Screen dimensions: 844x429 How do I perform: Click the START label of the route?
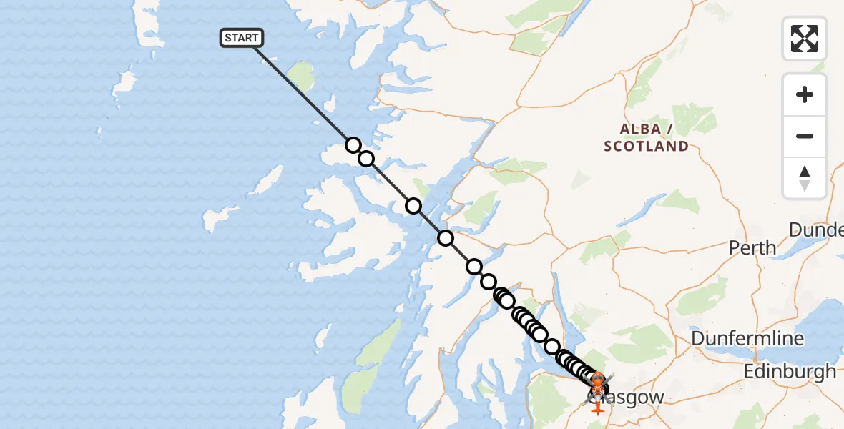tap(242, 38)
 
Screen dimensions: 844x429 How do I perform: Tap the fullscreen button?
tap(805, 39)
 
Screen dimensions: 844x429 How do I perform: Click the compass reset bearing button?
tap(805, 178)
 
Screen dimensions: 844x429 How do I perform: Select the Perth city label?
tap(752, 248)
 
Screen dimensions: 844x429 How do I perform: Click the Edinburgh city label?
tap(790, 371)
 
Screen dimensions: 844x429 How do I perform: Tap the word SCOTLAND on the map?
tap(646, 147)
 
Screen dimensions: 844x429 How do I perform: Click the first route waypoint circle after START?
tap(353, 145)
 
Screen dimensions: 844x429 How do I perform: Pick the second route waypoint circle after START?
tap(366, 158)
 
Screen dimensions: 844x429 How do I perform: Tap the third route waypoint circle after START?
tap(413, 206)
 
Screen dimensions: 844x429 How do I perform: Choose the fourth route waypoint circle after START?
tap(446, 238)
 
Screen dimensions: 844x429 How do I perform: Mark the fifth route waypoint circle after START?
tap(474, 267)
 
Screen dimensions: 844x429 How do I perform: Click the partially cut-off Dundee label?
tap(816, 230)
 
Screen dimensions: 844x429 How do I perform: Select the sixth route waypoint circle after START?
tap(489, 281)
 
